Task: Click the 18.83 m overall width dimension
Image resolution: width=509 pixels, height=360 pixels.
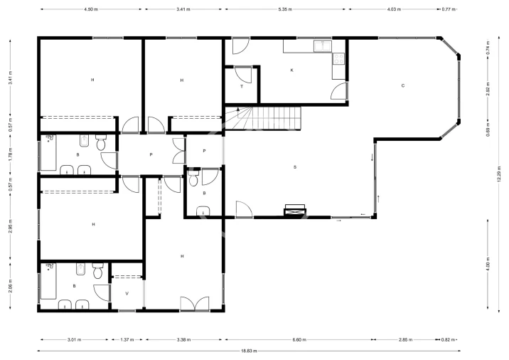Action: [249, 351]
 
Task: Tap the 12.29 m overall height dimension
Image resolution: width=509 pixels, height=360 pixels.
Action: [499, 174]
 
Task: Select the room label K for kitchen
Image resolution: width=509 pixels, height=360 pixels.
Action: [292, 70]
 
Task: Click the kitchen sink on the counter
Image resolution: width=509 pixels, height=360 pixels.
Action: [323, 46]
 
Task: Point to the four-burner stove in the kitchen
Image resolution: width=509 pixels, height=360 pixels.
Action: [338, 59]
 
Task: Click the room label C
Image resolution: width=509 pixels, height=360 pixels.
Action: [403, 86]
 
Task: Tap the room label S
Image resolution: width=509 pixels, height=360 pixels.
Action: [295, 167]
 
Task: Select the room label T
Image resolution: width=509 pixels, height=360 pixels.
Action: [242, 86]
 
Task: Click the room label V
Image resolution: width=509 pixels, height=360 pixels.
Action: [127, 293]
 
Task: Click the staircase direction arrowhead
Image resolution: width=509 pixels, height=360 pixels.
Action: [238, 109]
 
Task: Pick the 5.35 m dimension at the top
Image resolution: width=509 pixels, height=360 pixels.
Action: [285, 9]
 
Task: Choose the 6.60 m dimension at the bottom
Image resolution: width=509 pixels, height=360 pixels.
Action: [299, 340]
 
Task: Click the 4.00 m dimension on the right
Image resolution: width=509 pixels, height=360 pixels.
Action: [488, 264]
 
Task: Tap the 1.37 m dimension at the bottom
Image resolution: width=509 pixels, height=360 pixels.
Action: [127, 340]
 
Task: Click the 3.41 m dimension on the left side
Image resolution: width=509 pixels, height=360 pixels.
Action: [11, 78]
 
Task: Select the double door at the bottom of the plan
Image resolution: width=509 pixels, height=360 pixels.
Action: [195, 304]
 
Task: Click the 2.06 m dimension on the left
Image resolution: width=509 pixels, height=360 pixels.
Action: [11, 286]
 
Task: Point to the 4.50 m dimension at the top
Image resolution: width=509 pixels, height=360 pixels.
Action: [91, 9]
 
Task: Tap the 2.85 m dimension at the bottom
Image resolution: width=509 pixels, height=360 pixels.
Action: [405, 340]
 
